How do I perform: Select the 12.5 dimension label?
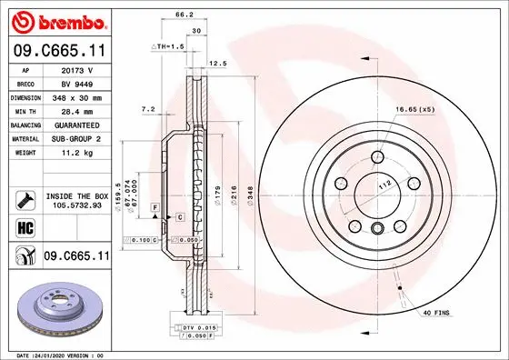click(x=218, y=64)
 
